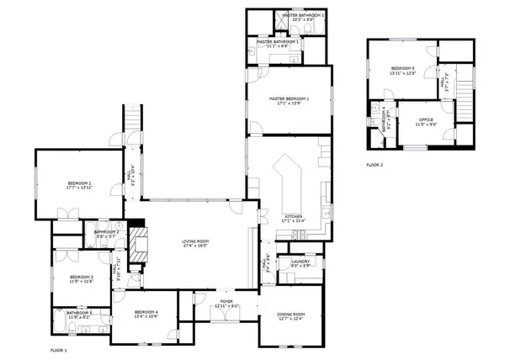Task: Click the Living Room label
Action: click(195, 241)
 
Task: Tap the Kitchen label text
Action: click(294, 216)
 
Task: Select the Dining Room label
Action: click(290, 315)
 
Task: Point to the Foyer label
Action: click(226, 300)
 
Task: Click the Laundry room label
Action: click(301, 262)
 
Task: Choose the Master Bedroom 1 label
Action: click(290, 99)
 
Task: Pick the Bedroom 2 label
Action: click(80, 183)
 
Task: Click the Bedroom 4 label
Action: click(146, 313)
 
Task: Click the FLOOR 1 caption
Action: click(58, 348)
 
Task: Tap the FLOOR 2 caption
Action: click(375, 165)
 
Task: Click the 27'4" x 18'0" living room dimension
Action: click(195, 246)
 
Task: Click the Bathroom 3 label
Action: click(79, 313)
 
